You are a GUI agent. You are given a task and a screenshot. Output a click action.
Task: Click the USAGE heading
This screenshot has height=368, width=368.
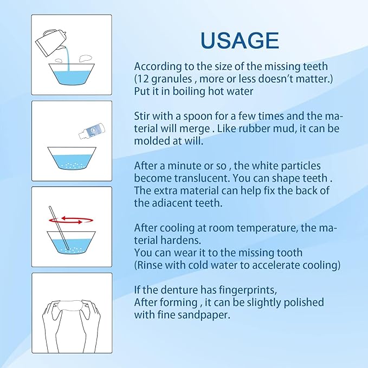(x=240, y=40)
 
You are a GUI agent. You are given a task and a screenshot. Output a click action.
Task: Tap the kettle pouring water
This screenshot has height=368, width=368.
(x=50, y=42)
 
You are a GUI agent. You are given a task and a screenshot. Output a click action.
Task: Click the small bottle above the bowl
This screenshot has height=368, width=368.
(x=92, y=131)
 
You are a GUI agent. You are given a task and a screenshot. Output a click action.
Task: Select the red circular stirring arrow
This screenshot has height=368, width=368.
(x=71, y=221)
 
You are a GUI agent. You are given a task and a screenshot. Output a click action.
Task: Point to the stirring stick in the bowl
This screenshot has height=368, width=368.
(x=59, y=228)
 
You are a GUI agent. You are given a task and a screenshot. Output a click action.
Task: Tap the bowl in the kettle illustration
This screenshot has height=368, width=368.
(x=72, y=74)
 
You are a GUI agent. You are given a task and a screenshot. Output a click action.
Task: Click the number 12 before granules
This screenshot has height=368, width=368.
(x=143, y=79)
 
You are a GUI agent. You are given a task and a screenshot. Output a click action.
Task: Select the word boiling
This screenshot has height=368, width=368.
(x=189, y=91)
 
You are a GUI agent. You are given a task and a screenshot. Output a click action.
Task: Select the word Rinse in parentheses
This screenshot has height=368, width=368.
(x=149, y=265)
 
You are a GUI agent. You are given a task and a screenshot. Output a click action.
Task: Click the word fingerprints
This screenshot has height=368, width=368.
(x=248, y=290)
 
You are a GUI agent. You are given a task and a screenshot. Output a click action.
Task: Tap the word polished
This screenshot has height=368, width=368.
(x=304, y=302)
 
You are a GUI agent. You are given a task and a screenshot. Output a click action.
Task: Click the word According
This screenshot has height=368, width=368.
(x=158, y=67)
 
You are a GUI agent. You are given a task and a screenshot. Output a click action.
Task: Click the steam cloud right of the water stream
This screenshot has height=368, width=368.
(x=85, y=59)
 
